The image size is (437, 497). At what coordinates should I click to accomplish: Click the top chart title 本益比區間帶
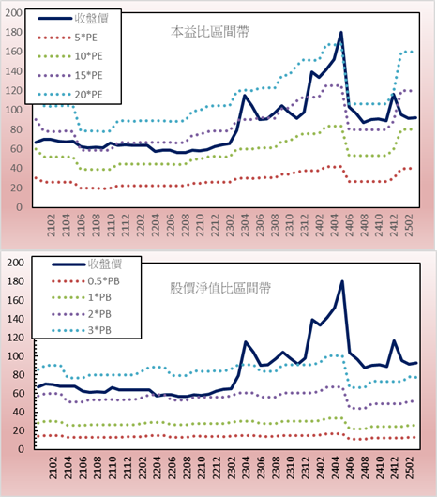[x=210, y=32]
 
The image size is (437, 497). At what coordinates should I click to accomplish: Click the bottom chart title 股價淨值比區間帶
[x=220, y=288]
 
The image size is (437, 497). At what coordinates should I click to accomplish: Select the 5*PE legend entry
[x=68, y=38]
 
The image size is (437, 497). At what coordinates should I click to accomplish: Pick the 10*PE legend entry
[x=70, y=56]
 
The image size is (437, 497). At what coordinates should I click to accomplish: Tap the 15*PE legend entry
[x=70, y=75]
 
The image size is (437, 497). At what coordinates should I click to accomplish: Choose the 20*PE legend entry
[x=70, y=95]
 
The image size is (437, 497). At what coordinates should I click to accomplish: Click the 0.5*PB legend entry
[x=85, y=281]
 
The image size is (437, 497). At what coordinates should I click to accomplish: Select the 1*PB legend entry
[x=82, y=297]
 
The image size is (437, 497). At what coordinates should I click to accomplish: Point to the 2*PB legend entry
[x=82, y=314]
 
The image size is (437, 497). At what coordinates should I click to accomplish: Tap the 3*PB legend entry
[x=82, y=330]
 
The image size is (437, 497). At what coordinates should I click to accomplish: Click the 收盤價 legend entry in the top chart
[x=73, y=19]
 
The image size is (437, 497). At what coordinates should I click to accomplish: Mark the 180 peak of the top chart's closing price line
[x=341, y=32]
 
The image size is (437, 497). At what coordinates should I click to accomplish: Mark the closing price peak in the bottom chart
[x=342, y=281]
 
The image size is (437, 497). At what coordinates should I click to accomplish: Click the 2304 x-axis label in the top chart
[x=245, y=225]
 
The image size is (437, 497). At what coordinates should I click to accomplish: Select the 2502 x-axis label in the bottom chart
[x=411, y=468]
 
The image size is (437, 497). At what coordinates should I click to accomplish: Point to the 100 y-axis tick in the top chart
[x=14, y=110]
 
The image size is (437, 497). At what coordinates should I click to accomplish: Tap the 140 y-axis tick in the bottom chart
[x=16, y=319]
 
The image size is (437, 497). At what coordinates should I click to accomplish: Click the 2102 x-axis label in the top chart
[x=52, y=225]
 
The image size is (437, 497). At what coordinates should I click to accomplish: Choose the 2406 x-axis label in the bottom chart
[x=350, y=468]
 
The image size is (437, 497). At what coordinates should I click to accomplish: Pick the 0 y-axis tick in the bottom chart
[x=21, y=449]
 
